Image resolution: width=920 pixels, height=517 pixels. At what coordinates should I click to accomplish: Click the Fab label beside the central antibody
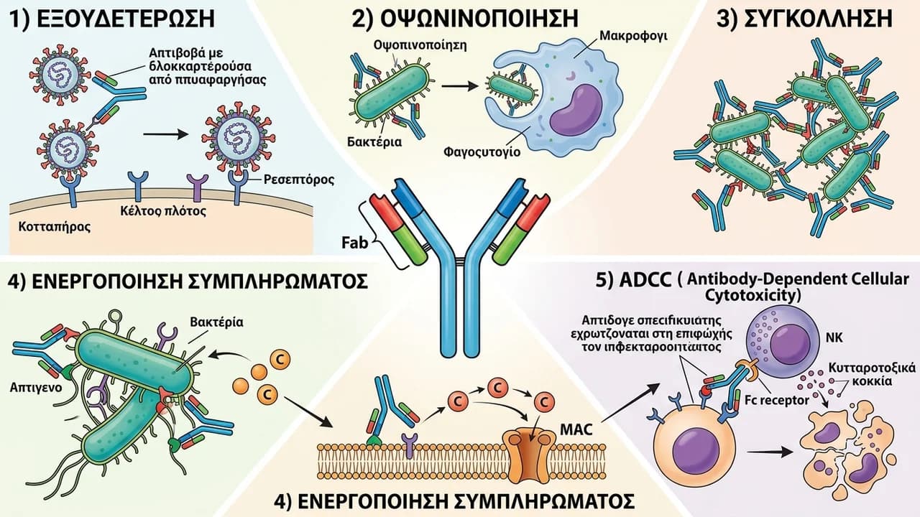click(355, 242)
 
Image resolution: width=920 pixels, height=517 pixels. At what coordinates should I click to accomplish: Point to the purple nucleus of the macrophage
click(576, 110)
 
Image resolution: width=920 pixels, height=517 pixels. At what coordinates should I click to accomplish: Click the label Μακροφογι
click(633, 36)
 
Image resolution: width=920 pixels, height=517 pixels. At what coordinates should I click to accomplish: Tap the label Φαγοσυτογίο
click(482, 152)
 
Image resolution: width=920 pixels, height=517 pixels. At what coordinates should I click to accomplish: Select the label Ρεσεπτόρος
click(298, 180)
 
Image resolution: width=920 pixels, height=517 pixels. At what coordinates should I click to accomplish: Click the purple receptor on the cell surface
click(197, 187)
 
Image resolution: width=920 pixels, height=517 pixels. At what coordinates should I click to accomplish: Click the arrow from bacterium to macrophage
click(460, 86)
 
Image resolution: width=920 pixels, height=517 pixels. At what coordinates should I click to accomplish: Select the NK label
click(834, 337)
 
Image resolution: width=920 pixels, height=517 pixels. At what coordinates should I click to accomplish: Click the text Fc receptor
click(777, 400)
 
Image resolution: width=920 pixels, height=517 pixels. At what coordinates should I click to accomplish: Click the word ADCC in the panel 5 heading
click(645, 280)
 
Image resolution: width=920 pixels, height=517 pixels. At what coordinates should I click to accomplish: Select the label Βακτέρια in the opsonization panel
click(374, 142)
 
